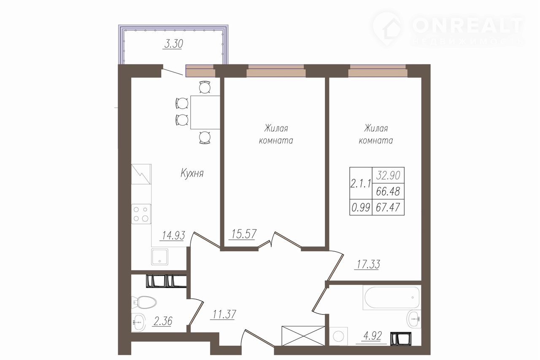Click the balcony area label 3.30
pos(173,44)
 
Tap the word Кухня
pos(192,173)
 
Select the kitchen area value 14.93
pos(173,235)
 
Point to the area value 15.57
pos(244,234)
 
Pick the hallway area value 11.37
pos(224,314)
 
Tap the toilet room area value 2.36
pos(162,321)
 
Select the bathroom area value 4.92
pos(373,336)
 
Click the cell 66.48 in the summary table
pos(388,191)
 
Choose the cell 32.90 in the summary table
pos(388,175)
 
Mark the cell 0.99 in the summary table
pos(361,207)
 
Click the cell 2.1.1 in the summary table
pos(361,184)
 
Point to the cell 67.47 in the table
pos(388,207)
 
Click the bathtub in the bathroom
pos(392,298)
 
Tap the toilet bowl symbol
pos(144,302)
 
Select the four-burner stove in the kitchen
pos(141,214)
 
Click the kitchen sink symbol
pos(159,257)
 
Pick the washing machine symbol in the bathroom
pos(338,336)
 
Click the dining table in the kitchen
pos(205,112)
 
